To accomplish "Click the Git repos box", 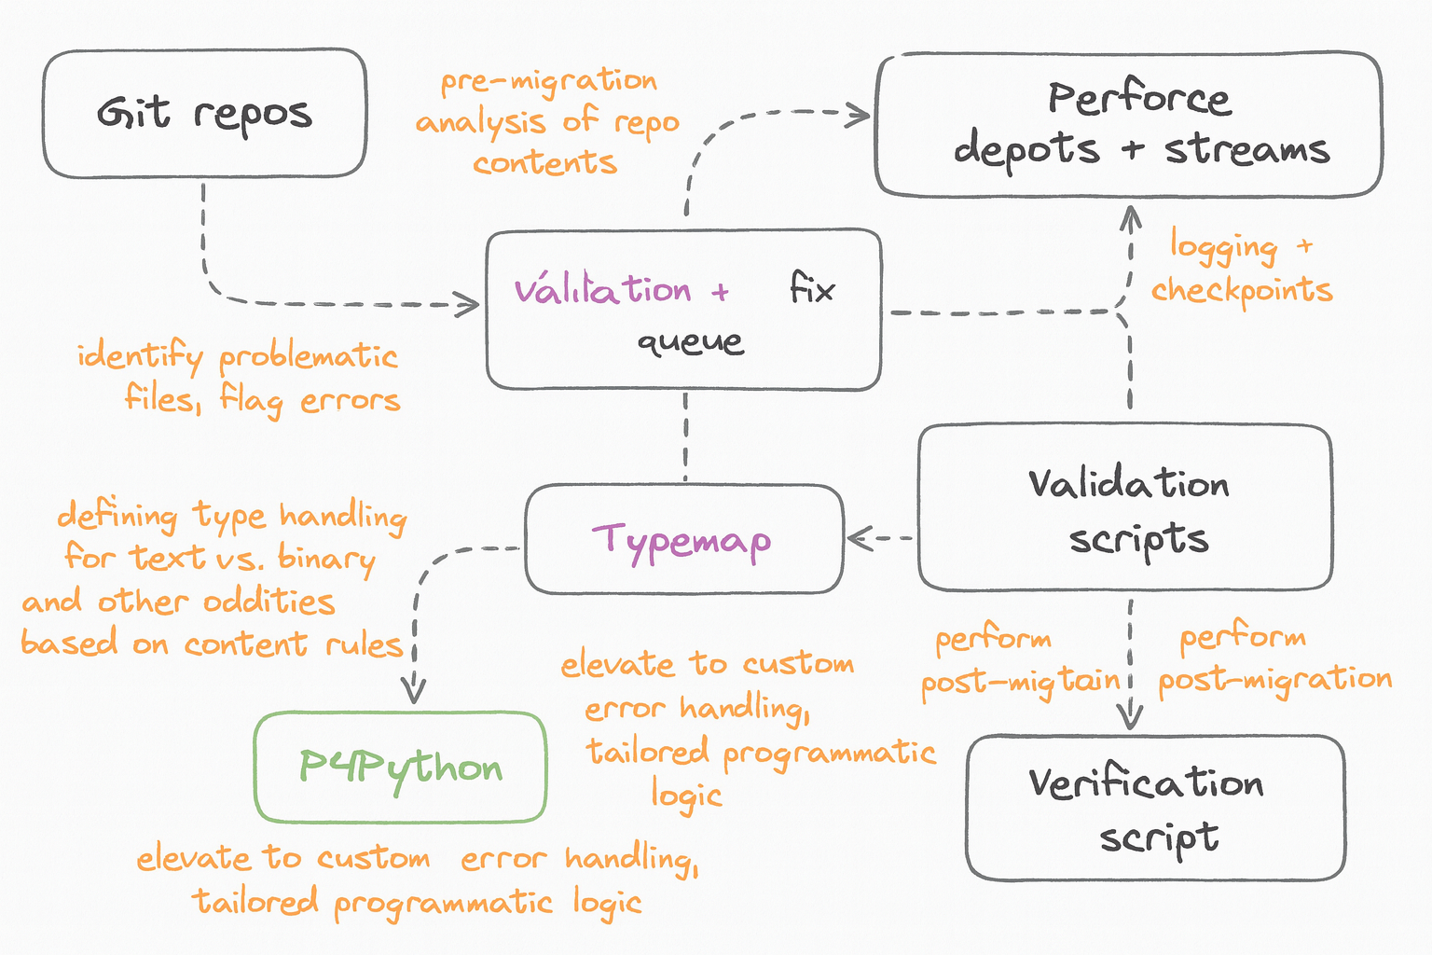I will point(204,114).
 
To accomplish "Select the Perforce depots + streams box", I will point(1128,125).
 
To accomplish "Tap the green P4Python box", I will point(401,768).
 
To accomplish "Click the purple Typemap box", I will point(684,539).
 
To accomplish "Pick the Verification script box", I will point(1155,808).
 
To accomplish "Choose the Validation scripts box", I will point(1125,508).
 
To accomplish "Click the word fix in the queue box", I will point(812,288).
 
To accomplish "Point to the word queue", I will point(690,342).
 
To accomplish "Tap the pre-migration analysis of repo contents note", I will point(547,122).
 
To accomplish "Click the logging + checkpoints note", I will point(1242,269).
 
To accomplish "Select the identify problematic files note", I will point(240,378).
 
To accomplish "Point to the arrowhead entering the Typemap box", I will point(856,537).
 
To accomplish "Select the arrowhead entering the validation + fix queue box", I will point(470,303).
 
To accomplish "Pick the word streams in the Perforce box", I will point(1246,149).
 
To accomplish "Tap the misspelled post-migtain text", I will point(1020,681).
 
